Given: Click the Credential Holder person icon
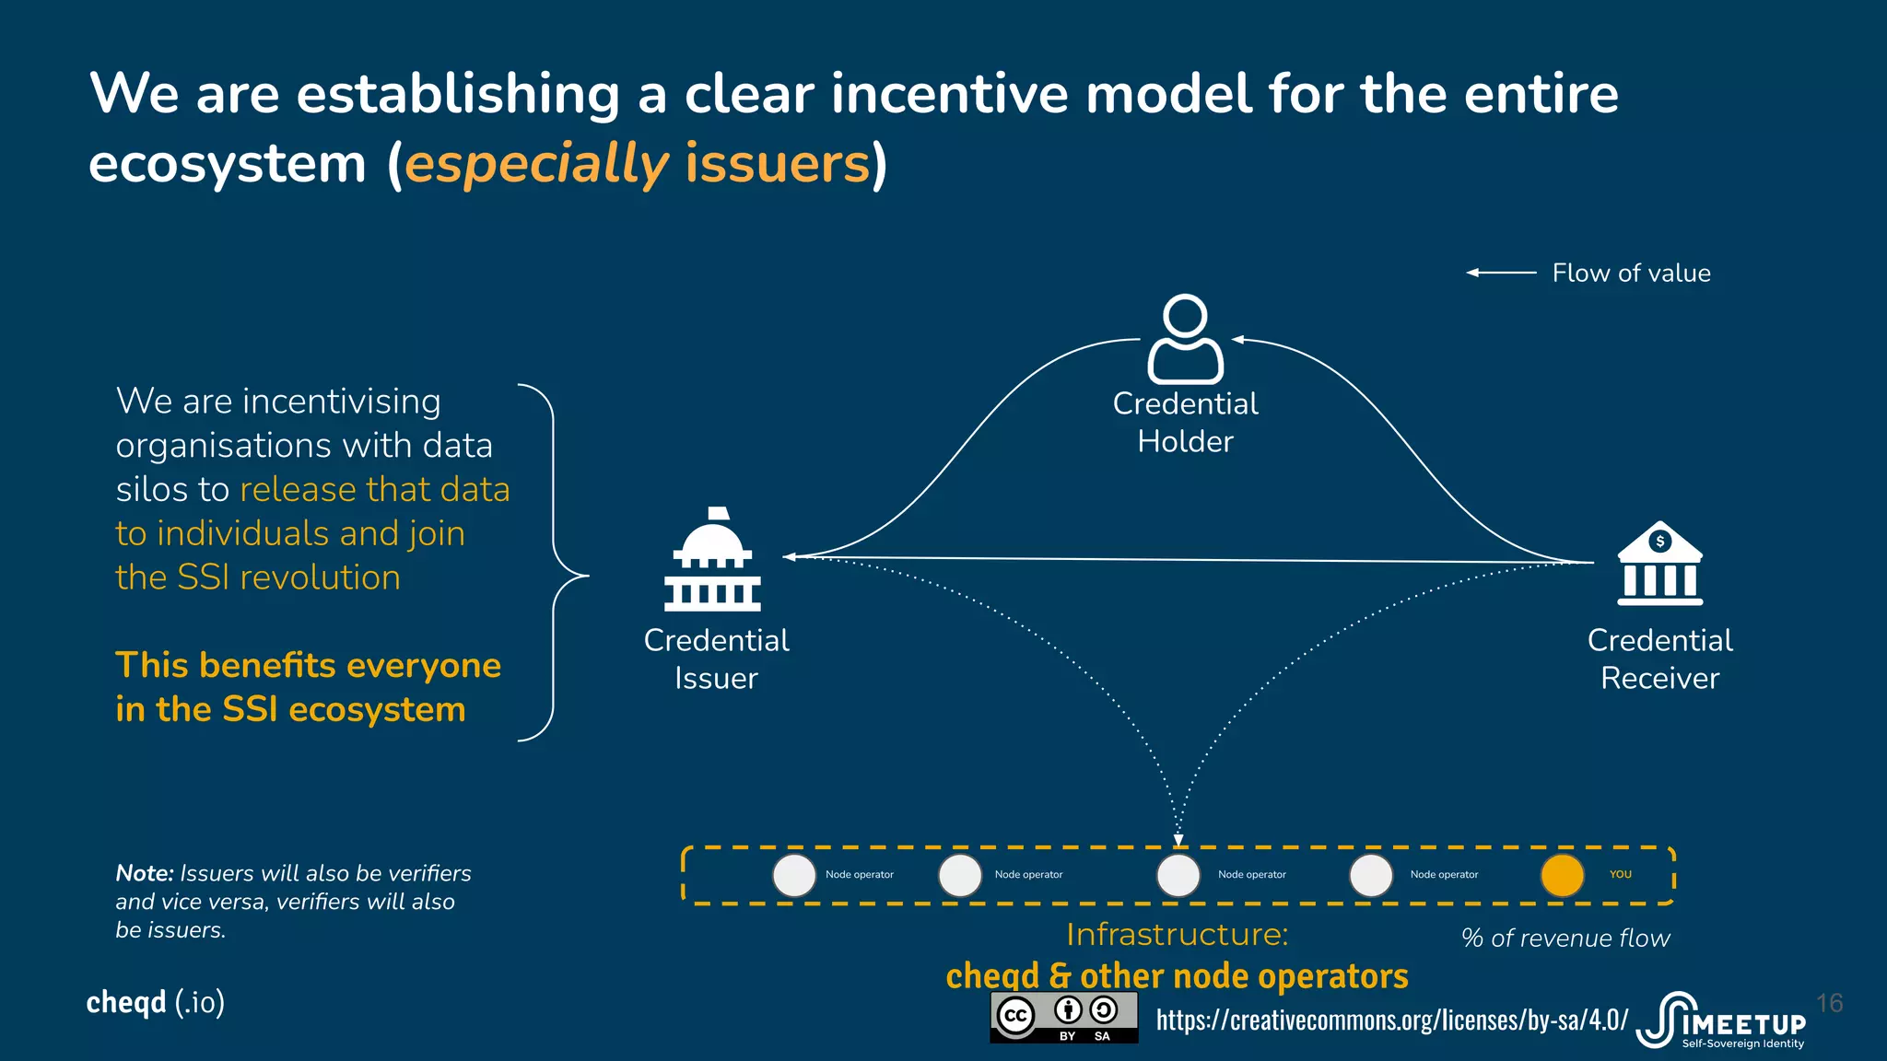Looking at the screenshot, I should pyautogui.click(x=1185, y=339).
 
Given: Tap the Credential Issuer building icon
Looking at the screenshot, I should pyautogui.click(x=713, y=561).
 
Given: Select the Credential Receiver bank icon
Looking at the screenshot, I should pyautogui.click(x=1659, y=564).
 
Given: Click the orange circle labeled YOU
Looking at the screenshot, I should pyautogui.click(x=1562, y=875).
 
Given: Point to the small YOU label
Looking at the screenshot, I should pyautogui.click(x=1620, y=875).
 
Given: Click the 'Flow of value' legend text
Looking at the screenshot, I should pyautogui.click(x=1631, y=274).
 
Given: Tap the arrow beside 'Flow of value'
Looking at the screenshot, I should pyautogui.click(x=1501, y=273).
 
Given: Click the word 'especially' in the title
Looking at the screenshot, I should pyautogui.click(x=536, y=165).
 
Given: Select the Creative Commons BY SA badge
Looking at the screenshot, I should pyautogui.click(x=1063, y=1017).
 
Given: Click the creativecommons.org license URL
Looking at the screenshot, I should pyautogui.click(x=1391, y=1020).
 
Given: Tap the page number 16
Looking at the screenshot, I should pyautogui.click(x=1829, y=1003).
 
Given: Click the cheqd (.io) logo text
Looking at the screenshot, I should pyautogui.click(x=155, y=1002).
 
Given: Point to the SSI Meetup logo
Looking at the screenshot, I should pyautogui.click(x=1723, y=1020).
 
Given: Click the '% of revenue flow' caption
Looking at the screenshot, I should pyautogui.click(x=1565, y=939).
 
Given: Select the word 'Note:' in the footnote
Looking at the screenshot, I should pyautogui.click(x=145, y=873).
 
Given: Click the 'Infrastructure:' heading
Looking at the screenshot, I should pyautogui.click(x=1177, y=935).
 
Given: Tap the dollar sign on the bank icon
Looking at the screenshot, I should pyautogui.click(x=1659, y=542).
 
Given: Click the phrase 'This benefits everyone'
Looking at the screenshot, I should pyautogui.click(x=308, y=665).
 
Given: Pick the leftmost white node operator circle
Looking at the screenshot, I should pyautogui.click(x=794, y=875).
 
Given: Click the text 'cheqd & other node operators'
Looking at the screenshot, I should pyautogui.click(x=1177, y=976).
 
